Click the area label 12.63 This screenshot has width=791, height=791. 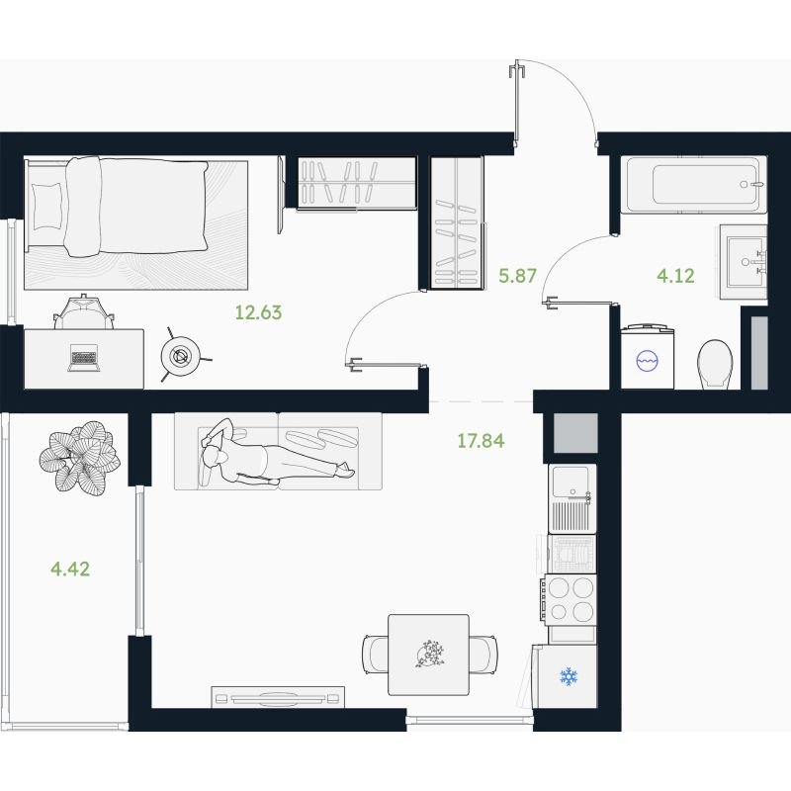coord(258,312)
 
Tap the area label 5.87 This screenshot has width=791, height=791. coord(517,276)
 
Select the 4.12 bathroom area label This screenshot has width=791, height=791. coord(675,276)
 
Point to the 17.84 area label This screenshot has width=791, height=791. coord(481,441)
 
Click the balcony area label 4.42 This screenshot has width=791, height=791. coord(70,570)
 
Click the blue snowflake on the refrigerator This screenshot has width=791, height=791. coord(569,676)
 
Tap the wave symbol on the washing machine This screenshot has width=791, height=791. coord(647,361)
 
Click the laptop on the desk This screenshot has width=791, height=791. coord(84,358)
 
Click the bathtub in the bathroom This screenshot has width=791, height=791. coord(694,184)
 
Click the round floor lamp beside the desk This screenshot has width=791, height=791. coord(180,355)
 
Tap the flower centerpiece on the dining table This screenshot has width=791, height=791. coord(430,654)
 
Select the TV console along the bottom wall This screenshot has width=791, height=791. coord(278,698)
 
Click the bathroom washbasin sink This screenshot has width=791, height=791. coord(745,262)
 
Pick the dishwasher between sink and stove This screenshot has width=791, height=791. coord(571,554)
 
